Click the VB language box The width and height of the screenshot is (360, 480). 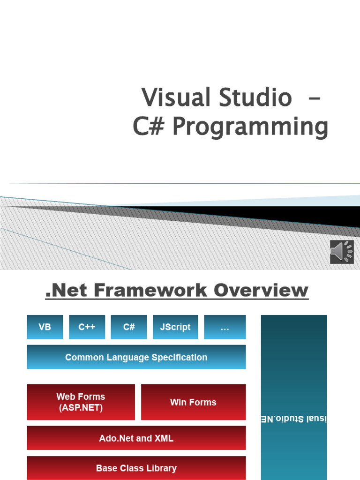click(45, 327)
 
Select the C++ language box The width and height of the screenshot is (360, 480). click(87, 327)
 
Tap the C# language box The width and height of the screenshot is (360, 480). click(129, 327)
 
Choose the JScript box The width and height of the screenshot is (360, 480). click(175, 327)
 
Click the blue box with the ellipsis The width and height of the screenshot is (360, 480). click(225, 327)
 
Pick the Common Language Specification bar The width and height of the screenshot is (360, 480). click(136, 357)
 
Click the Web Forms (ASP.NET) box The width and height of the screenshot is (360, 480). click(81, 402)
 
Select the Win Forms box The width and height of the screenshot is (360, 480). click(193, 402)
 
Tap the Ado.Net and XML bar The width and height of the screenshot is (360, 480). click(136, 438)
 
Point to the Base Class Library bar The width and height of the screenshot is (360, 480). click(136, 468)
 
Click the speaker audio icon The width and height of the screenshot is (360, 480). click(342, 252)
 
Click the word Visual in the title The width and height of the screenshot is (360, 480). click(176, 98)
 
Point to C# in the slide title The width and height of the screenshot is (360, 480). click(149, 127)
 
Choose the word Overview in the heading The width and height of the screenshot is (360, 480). click(261, 290)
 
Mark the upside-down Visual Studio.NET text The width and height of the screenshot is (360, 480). click(294, 419)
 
